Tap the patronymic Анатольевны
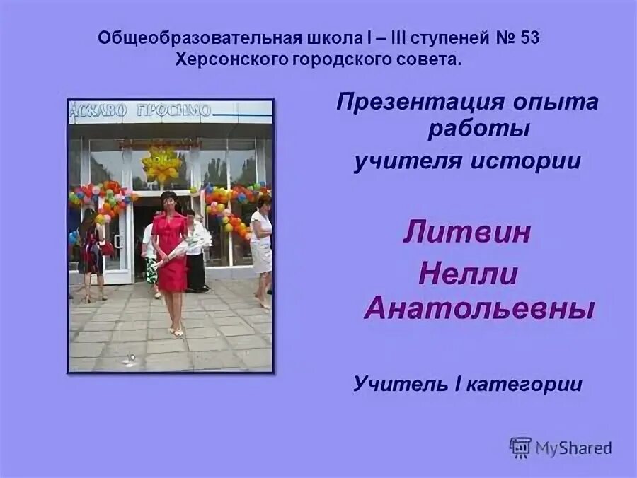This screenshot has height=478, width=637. coord(478,308)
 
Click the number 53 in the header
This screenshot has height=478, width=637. coord(529,37)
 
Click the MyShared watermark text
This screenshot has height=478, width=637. coord(573,447)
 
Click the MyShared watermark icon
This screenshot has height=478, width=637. coord(520,447)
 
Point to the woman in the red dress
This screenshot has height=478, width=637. coord(170,251)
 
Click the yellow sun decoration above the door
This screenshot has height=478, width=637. coord(162,164)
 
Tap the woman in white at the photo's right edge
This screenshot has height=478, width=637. coord(261,244)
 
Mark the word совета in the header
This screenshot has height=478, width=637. coord(428,59)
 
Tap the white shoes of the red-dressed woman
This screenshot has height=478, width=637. coord(175,332)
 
